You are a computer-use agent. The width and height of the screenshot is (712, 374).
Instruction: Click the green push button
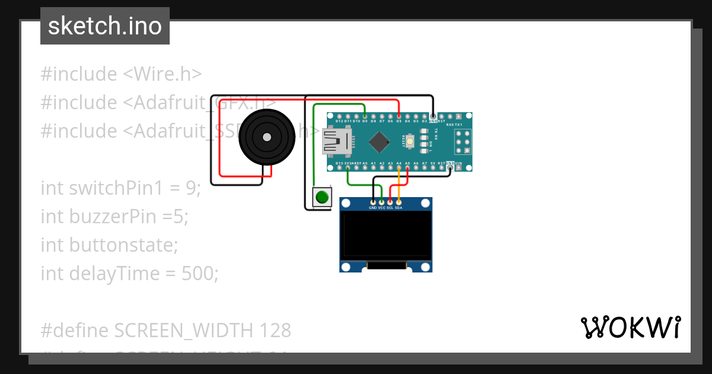[x=322, y=197]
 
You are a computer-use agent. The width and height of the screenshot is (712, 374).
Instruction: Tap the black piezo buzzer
[x=266, y=138]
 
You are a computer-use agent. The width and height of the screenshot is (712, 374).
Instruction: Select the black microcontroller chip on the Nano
[x=379, y=142]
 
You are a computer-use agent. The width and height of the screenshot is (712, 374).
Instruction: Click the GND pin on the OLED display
[x=373, y=202]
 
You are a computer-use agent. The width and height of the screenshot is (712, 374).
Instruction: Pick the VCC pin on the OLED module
[x=382, y=202]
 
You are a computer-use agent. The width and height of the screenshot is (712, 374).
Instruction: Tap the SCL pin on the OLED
[x=390, y=202]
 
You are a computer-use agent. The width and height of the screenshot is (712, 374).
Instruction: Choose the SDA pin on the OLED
[x=399, y=202]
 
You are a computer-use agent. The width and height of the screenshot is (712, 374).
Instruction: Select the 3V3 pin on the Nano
[x=347, y=168]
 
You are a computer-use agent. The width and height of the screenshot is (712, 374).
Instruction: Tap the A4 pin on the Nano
[x=399, y=168]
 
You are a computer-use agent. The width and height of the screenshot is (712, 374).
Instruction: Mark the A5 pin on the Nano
[x=408, y=168]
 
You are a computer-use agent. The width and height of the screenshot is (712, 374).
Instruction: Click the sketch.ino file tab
[x=105, y=26]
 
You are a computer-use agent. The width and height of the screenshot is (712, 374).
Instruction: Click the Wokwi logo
[x=631, y=327]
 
